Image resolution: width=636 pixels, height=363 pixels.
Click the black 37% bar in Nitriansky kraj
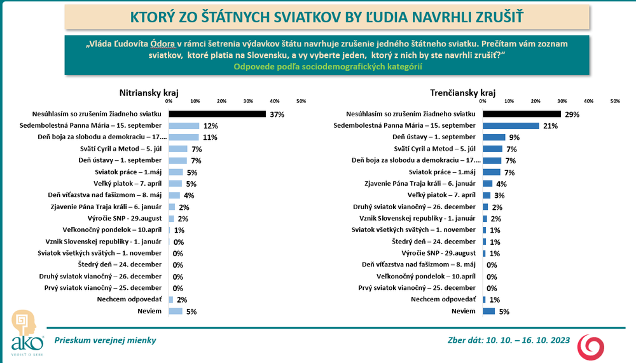coord(217,114)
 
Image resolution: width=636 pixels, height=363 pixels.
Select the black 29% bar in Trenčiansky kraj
coord(522,114)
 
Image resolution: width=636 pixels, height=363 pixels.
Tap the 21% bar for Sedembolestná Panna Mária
coord(511,126)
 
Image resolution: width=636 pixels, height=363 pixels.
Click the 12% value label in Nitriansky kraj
coord(211,126)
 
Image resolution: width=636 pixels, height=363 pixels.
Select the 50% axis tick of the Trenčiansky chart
coord(615,101)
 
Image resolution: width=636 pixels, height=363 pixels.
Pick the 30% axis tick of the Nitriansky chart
coord(248,101)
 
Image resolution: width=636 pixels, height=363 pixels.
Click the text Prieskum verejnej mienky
coord(105,340)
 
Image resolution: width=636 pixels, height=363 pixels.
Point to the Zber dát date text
coord(509,340)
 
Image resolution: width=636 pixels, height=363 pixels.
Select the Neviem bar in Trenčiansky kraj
coord(489,311)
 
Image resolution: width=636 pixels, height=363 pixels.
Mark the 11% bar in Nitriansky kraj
coord(184,137)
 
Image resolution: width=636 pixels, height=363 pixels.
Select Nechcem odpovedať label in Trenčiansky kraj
coord(443,299)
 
